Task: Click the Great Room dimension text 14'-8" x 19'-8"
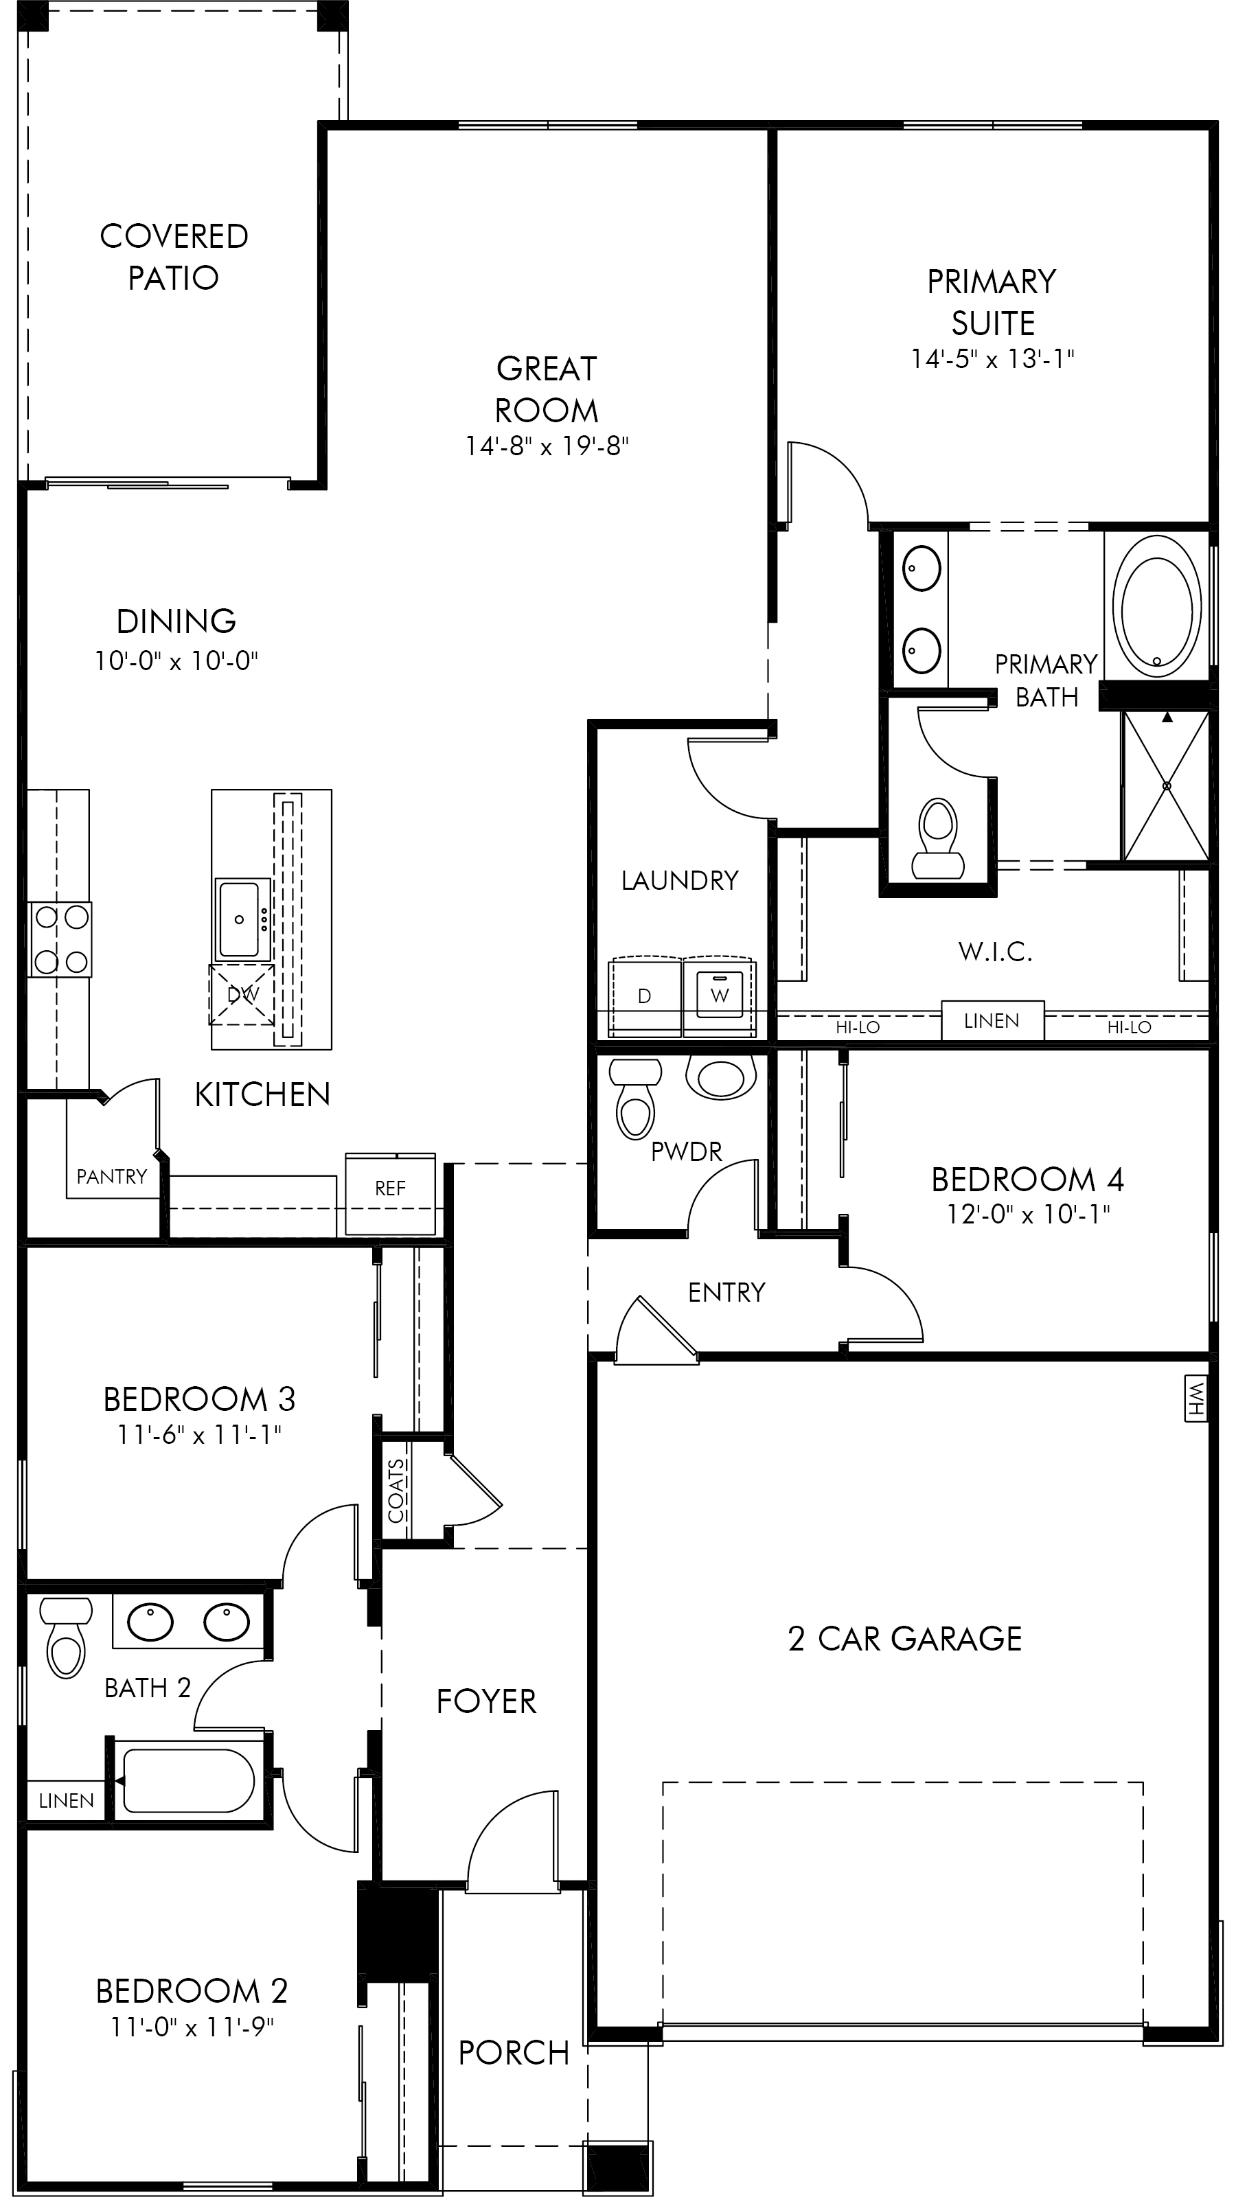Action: [x=547, y=445]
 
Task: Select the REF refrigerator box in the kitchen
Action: [x=391, y=1194]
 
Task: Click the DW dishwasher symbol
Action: [x=242, y=994]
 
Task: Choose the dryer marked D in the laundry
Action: [x=645, y=996]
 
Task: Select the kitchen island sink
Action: [x=239, y=920]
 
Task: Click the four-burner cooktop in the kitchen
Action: [x=60, y=939]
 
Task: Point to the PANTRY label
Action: [x=112, y=1177]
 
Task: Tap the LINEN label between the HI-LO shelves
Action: [x=991, y=1021]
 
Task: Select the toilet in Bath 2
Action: [x=67, y=1637]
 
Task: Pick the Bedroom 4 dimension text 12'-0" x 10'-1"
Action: [x=1028, y=1214]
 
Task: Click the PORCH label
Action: [x=514, y=2053]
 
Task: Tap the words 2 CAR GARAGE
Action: [x=905, y=1638]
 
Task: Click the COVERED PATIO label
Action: [x=174, y=257]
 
